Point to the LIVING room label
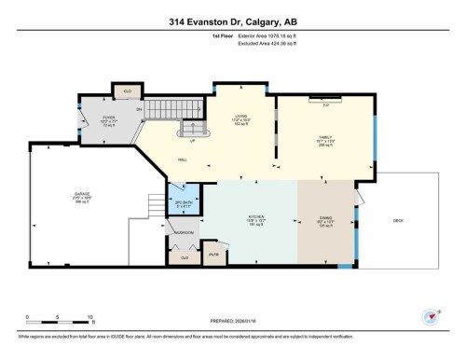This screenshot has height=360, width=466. (x=240, y=117)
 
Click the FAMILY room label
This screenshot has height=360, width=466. (x=326, y=136)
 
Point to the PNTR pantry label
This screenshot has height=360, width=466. (x=213, y=253)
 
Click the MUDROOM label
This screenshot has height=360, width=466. (x=184, y=230)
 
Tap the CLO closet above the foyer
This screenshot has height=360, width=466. (x=127, y=91)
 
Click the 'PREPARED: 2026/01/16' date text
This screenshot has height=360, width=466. (x=232, y=322)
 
